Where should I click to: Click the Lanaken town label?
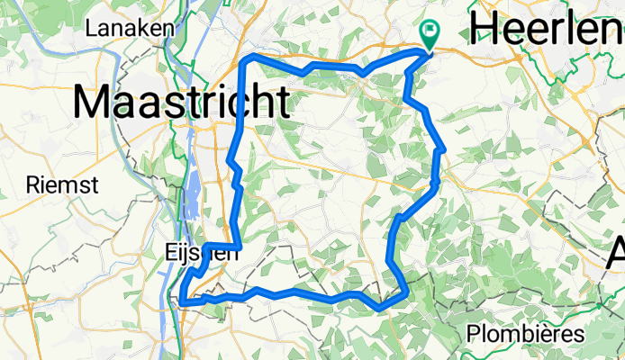(129, 28)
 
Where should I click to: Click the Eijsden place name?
(203, 253)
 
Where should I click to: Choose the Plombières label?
(525, 335)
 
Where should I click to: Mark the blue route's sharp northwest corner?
(249, 58)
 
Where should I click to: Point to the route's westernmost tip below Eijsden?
(181, 301)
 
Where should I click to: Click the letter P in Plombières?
(474, 335)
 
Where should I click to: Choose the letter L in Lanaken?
(91, 28)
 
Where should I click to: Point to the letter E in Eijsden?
(172, 253)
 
